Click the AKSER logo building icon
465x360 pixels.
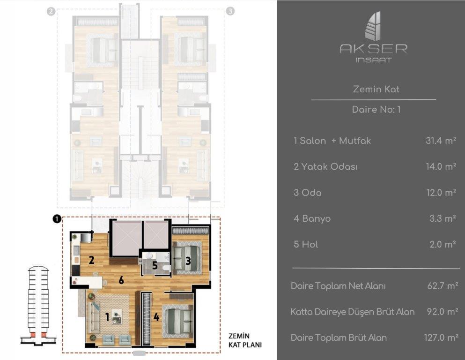[373, 26]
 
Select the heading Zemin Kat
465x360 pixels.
[376, 89]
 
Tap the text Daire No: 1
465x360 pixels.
[376, 110]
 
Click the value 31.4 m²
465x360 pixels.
[441, 141]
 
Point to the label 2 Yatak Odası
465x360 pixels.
[325, 167]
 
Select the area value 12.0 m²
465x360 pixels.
[441, 193]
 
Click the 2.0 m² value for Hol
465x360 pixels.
[443, 244]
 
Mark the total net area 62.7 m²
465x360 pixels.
[441, 286]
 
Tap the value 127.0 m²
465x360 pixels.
[439, 337]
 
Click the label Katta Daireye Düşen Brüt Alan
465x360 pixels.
[352, 312]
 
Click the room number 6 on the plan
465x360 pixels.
[121, 280]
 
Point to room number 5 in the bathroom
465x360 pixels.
[155, 265]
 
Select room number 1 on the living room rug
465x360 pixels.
[107, 317]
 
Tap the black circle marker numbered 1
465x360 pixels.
[57, 219]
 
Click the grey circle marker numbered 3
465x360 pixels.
[229, 12]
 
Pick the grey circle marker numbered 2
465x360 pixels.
[51, 12]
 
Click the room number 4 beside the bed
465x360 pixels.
[156, 317]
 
